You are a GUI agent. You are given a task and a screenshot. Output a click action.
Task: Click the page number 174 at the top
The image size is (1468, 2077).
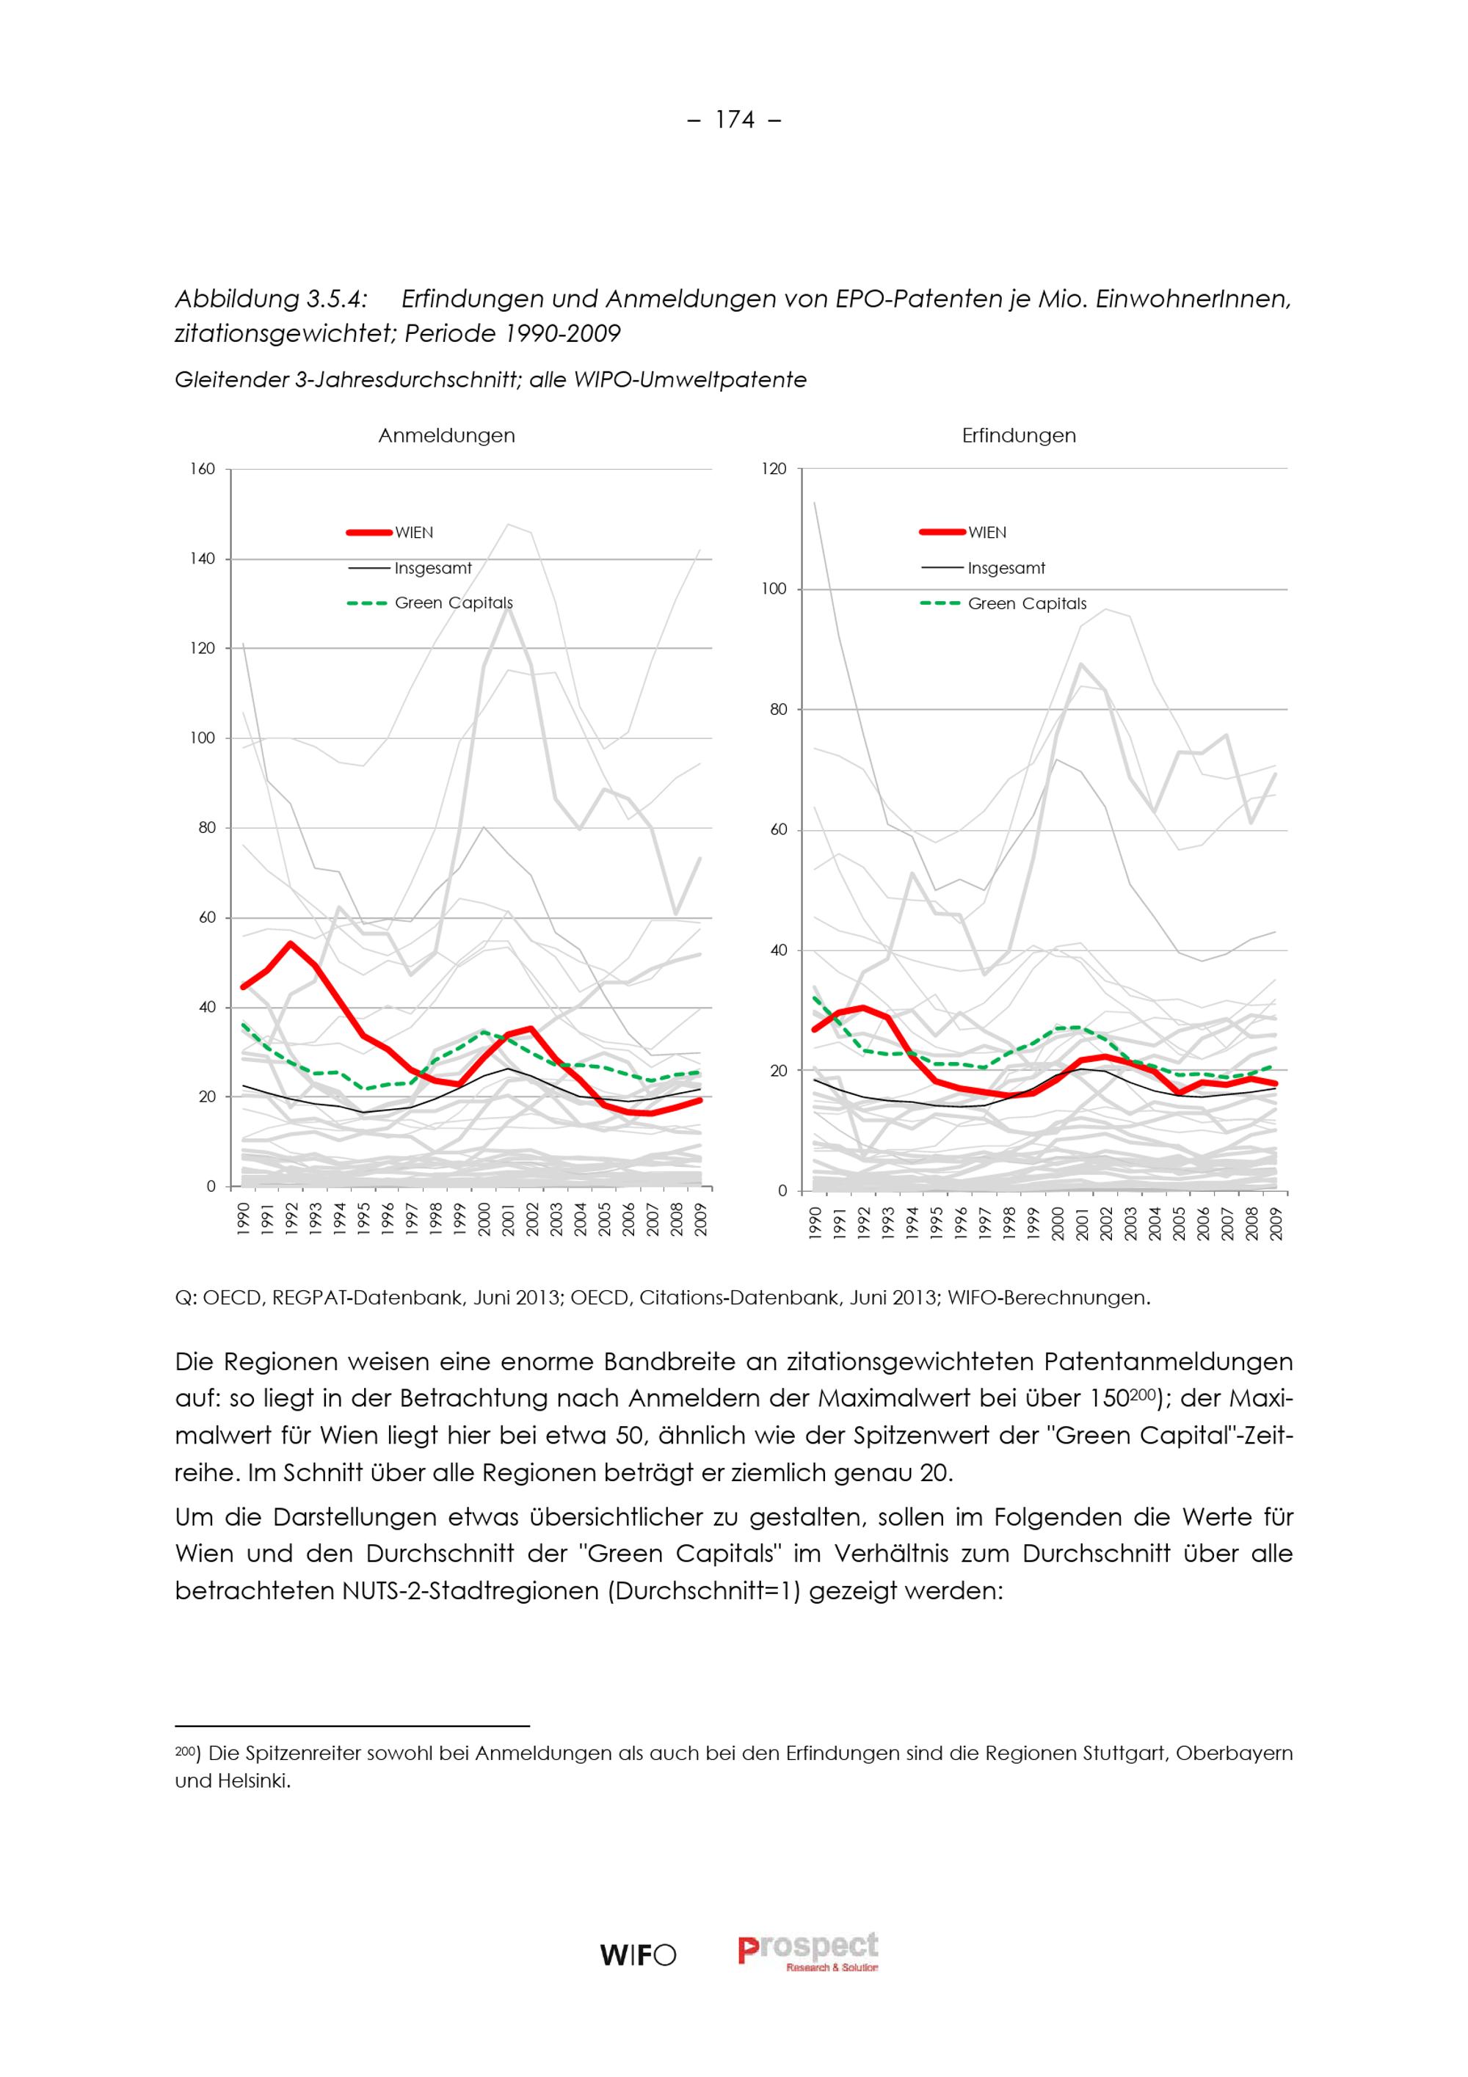click(x=735, y=120)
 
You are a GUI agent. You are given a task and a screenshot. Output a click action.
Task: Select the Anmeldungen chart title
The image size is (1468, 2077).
click(x=446, y=436)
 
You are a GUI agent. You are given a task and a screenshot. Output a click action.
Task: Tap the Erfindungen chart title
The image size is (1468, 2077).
click(x=1019, y=436)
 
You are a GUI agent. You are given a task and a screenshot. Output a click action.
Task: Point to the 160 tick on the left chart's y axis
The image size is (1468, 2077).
click(x=203, y=468)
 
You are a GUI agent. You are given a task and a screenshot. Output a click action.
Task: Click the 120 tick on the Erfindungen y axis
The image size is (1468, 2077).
click(x=774, y=468)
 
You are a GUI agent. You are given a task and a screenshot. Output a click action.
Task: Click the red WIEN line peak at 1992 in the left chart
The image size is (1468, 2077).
click(x=289, y=944)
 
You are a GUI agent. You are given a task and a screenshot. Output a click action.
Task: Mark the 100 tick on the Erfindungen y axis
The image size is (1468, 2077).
click(x=774, y=589)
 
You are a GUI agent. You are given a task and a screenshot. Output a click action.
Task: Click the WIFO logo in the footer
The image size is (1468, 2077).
click(x=638, y=1956)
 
